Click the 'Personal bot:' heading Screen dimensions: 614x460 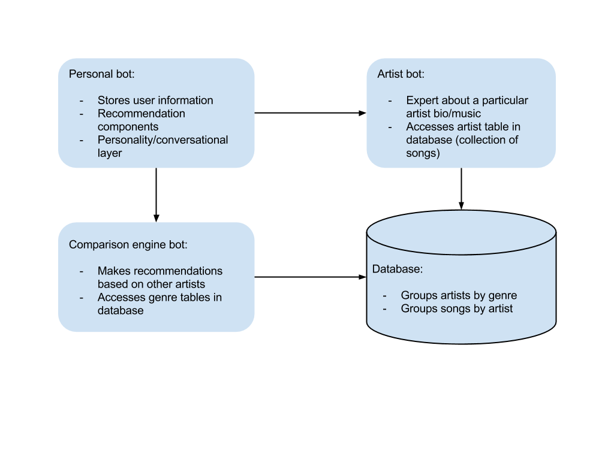coord(101,74)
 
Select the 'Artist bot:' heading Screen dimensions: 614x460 coord(401,74)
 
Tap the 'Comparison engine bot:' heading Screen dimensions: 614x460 coord(128,244)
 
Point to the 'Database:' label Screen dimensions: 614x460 coord(397,269)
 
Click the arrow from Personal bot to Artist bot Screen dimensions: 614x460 coord(310,113)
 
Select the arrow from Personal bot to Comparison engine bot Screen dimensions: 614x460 coord(156,195)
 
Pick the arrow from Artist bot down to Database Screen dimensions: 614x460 coord(461,189)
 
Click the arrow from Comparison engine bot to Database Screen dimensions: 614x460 coord(310,277)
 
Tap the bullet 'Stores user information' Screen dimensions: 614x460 coord(155,101)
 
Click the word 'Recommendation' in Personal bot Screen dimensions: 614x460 coord(142,113)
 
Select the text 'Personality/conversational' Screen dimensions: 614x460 coord(163,140)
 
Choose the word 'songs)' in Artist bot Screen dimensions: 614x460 coord(423,153)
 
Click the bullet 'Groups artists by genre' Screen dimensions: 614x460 coord(459,295)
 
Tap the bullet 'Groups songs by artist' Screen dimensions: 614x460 coord(456,308)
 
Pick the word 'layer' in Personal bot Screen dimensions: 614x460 coord(110,153)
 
